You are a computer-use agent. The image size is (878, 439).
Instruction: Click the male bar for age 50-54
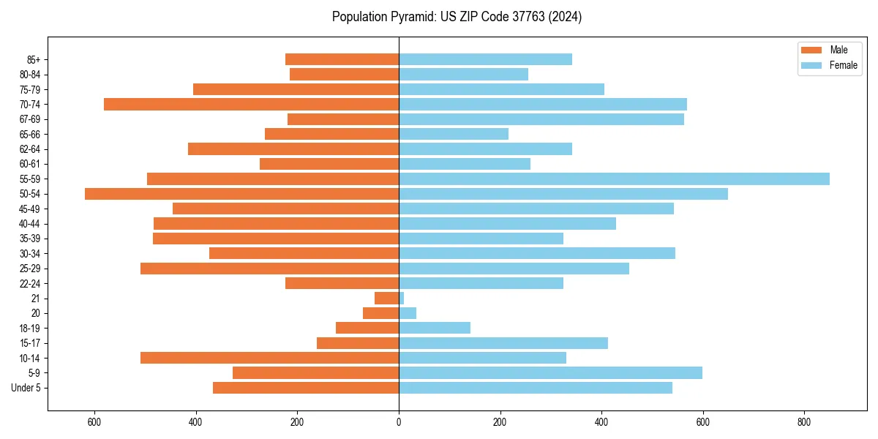241,194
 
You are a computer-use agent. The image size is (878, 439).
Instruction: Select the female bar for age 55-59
614,179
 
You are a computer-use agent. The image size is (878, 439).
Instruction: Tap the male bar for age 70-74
251,104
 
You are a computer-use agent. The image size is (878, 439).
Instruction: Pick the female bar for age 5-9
550,372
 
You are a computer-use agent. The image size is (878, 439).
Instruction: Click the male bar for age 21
386,298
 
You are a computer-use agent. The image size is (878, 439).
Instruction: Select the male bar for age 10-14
269,358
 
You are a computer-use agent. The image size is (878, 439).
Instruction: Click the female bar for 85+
485,59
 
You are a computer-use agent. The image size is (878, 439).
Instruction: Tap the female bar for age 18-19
435,328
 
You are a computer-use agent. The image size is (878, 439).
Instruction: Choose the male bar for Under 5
306,388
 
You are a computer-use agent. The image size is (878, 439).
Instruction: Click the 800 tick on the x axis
804,422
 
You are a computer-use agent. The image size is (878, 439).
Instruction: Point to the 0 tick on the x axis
399,422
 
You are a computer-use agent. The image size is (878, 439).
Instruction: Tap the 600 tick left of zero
94,422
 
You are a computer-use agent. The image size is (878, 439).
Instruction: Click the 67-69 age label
30,119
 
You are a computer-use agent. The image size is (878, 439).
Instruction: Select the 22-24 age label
30,283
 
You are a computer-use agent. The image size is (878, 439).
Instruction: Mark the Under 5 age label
26,388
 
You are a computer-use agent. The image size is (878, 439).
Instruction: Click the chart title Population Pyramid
457,17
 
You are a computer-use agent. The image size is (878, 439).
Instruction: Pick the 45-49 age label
30,209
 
